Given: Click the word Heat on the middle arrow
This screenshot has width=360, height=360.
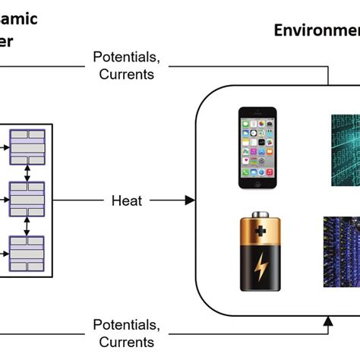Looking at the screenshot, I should point(127,201).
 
